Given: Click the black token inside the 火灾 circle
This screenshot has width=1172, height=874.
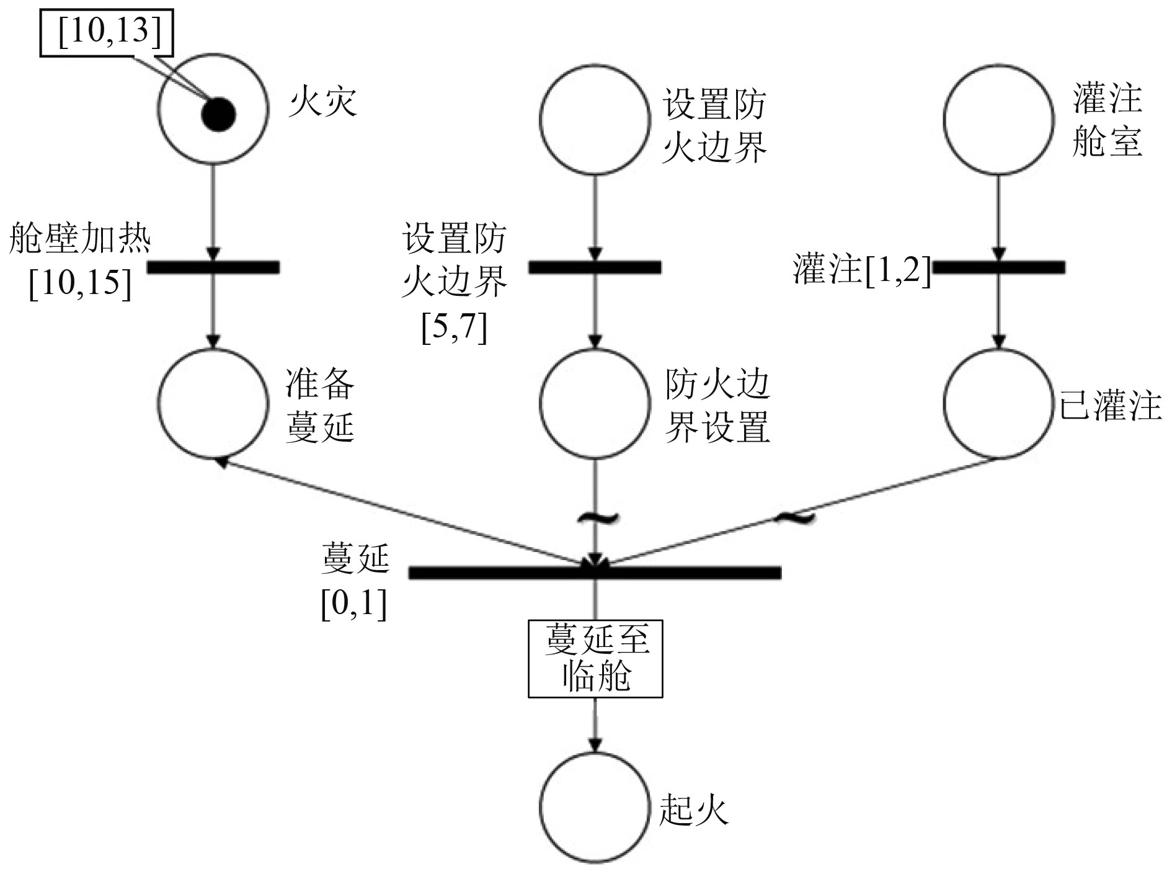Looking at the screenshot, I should click(x=218, y=114).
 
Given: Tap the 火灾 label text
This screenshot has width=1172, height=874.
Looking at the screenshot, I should click(x=322, y=102).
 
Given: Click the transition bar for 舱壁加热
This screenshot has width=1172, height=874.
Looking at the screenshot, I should click(x=213, y=267).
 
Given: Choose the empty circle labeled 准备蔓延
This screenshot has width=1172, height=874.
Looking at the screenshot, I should click(x=213, y=403).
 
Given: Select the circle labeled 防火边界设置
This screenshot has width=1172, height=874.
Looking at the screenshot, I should click(x=594, y=403).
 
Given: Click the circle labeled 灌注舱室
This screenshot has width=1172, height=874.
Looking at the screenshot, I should click(x=998, y=119).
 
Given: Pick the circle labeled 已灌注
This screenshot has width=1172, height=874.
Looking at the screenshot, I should click(x=998, y=403).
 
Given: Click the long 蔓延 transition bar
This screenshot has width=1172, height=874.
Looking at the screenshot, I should click(x=594, y=572).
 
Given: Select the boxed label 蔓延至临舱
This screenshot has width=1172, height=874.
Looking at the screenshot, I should click(x=595, y=658).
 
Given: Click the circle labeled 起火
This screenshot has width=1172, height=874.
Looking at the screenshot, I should click(x=594, y=806).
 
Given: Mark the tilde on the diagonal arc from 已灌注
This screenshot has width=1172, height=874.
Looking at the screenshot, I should click(x=794, y=516).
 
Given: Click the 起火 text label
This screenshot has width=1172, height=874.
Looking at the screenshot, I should click(x=693, y=809).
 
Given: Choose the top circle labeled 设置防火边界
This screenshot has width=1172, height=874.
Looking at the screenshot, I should click(x=594, y=119).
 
